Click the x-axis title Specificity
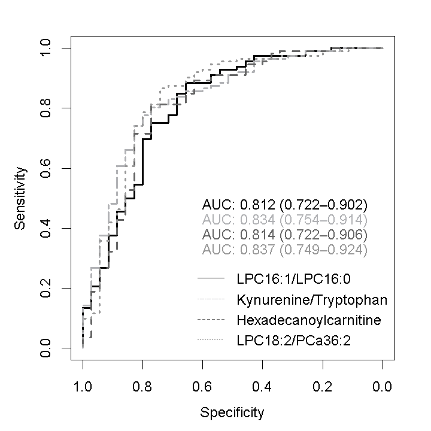coord(232,412)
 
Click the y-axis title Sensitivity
coord(21,198)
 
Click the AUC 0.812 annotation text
coord(284,204)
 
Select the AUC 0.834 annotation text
coord(284,218)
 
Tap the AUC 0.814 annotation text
coord(284,233)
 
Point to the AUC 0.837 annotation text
coord(284,248)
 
